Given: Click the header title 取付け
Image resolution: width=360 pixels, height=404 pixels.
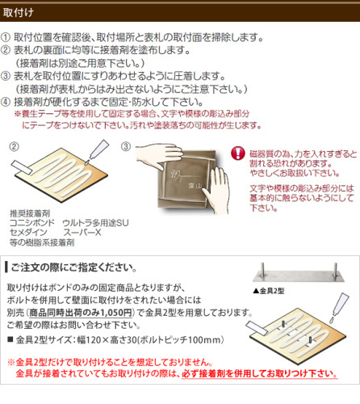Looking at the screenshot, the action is pyautogui.click(x=19, y=12).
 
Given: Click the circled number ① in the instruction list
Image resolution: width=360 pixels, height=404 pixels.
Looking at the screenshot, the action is pyautogui.click(x=6, y=37).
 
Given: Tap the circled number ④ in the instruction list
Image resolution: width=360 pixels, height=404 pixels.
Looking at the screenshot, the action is pyautogui.click(x=6, y=102).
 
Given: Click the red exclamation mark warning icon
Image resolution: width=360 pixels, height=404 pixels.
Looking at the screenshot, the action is pyautogui.click(x=238, y=154).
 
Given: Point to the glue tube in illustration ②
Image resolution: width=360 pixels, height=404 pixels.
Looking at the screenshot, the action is pyautogui.click(x=98, y=150).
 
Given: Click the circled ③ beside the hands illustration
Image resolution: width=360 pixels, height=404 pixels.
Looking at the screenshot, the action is pyautogui.click(x=126, y=146).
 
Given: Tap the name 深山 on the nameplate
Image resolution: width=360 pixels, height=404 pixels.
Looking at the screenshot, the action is pyautogui.click(x=195, y=185).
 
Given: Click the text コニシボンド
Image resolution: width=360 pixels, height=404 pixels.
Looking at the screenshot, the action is pyautogui.click(x=32, y=223).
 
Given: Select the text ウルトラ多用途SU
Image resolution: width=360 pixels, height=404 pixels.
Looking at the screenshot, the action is pyautogui.click(x=95, y=223).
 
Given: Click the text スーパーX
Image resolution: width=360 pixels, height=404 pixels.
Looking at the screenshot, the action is pyautogui.click(x=82, y=233).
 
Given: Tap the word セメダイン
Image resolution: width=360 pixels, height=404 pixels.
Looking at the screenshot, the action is pyautogui.click(x=28, y=233).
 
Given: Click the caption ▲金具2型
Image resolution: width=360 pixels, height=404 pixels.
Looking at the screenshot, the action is pyautogui.click(x=269, y=291).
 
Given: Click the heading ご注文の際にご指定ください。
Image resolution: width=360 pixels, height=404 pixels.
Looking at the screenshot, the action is pyautogui.click(x=74, y=267).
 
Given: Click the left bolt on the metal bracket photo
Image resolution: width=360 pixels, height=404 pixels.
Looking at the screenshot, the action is pyautogui.click(x=262, y=270).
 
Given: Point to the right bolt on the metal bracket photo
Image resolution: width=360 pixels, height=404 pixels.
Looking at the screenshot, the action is pyautogui.click(x=335, y=271).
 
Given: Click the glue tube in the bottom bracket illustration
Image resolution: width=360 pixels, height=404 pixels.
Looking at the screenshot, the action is pyautogui.click(x=340, y=307).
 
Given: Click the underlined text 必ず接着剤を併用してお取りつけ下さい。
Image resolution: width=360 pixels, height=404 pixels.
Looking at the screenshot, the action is pyautogui.click(x=259, y=373).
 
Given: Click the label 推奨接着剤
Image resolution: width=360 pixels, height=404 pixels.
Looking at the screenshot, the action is pyautogui.click(x=30, y=213).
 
